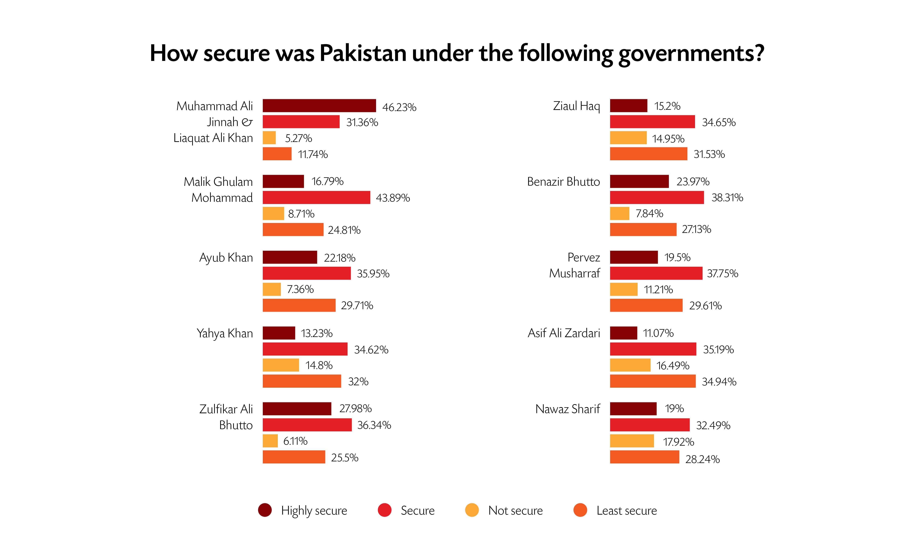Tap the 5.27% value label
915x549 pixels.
click(x=298, y=138)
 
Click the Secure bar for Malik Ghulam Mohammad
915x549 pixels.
click(x=316, y=198)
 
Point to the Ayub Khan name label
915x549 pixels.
click(x=226, y=257)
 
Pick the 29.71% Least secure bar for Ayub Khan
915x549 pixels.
click(x=299, y=305)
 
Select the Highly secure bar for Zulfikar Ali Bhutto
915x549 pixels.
click(x=297, y=409)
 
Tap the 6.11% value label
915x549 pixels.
click(x=295, y=441)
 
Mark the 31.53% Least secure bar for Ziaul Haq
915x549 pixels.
click(x=648, y=154)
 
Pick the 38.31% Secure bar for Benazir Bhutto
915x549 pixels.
click(x=657, y=198)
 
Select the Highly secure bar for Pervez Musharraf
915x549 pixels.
click(x=634, y=257)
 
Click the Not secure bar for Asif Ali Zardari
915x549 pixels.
click(x=630, y=365)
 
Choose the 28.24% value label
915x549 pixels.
click(x=702, y=459)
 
